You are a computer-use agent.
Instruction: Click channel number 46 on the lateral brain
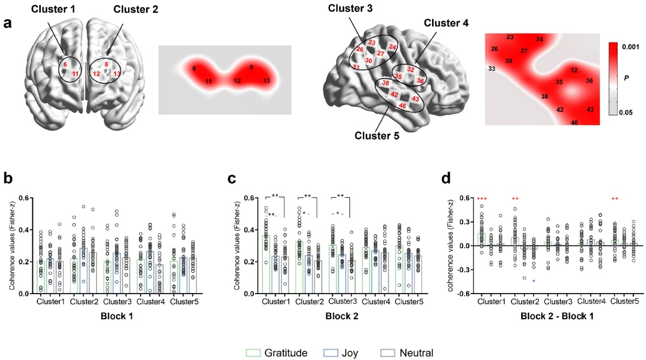click(402, 106)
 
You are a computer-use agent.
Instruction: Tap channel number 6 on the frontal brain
click(65, 64)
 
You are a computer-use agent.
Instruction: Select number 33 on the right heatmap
click(492, 69)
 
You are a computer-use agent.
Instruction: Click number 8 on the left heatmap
click(251, 68)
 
